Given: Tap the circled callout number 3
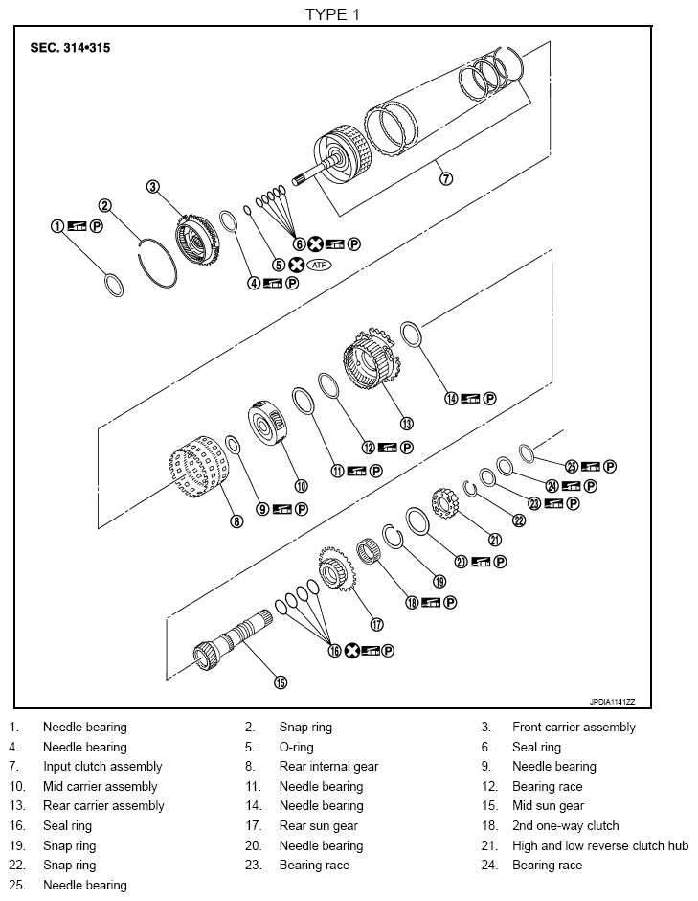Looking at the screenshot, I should coord(152,187).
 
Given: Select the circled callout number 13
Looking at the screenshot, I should coord(406,423).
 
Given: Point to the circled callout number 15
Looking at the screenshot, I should coord(281,682).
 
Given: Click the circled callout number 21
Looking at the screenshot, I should coord(495,539).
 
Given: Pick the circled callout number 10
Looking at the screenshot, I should coord(302,485).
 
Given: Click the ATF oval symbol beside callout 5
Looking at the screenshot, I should coord(318,265).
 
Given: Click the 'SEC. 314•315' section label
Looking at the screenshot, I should coord(70,47).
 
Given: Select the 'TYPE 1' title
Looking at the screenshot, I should coord(332,13).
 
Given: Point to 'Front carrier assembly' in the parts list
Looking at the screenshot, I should coord(574,727).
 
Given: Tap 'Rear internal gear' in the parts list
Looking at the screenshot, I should coord(328,766).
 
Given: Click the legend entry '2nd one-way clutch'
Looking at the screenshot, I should coord(565,825).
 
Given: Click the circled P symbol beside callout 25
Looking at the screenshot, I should coord(610,467).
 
